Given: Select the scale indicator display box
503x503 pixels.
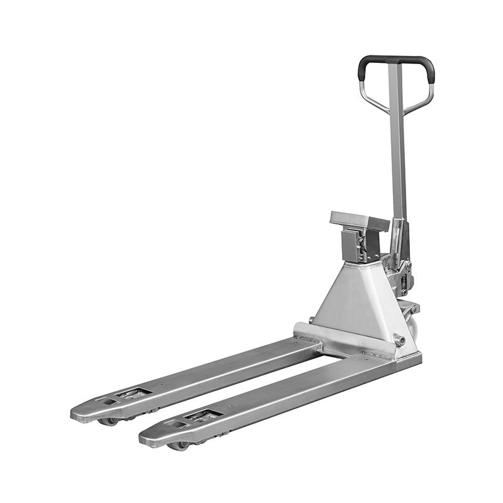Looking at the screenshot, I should coord(359,221).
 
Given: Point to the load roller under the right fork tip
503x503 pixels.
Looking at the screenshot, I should coord(178,445).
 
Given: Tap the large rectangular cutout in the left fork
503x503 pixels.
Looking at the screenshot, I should coord(133,394).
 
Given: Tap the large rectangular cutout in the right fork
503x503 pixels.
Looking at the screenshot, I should coord(202,416).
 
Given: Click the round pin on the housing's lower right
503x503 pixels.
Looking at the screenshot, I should coord(399,341).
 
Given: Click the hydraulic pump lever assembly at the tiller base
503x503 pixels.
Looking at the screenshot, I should coord(401,264).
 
